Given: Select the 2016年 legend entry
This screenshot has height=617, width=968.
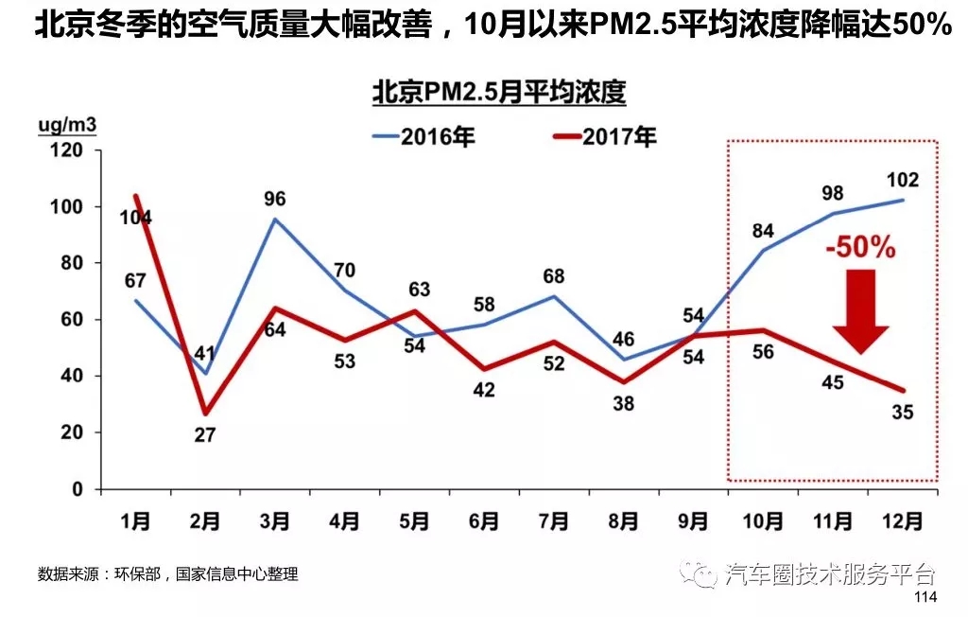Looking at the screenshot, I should click(x=423, y=136).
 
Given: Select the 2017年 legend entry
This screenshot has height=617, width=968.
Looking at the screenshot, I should click(x=604, y=136).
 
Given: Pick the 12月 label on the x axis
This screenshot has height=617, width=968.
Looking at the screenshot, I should click(x=902, y=520).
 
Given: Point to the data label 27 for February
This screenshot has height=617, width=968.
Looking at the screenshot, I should click(x=205, y=436).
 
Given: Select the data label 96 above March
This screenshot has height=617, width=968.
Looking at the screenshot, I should click(x=275, y=199).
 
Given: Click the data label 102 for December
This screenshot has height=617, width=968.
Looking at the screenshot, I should click(x=903, y=180).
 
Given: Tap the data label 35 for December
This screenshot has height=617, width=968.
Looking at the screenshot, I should click(x=903, y=412).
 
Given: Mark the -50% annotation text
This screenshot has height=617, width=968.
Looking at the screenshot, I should click(x=859, y=249).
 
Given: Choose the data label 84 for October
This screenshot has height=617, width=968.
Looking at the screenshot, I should click(x=762, y=230).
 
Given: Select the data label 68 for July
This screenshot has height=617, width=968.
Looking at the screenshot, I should click(x=554, y=276).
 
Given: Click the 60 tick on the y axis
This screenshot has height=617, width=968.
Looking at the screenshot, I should click(x=72, y=320).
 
